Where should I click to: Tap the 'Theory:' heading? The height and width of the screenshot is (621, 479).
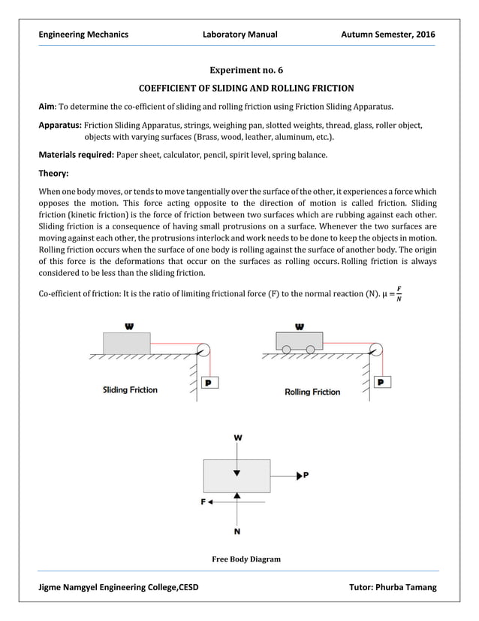click(54, 172)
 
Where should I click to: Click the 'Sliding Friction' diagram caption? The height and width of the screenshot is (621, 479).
click(130, 390)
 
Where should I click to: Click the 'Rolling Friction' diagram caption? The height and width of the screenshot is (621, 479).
click(312, 392)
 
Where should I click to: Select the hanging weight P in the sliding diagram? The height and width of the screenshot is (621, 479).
click(208, 382)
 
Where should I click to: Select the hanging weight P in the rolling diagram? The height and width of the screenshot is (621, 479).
click(383, 382)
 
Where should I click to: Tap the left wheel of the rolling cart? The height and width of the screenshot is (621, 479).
click(286, 348)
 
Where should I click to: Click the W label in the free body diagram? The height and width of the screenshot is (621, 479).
click(238, 437)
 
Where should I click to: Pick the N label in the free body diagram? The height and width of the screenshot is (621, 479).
click(238, 532)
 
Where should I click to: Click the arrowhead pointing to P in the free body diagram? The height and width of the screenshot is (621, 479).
click(299, 475)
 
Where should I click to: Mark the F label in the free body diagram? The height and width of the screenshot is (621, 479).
click(203, 500)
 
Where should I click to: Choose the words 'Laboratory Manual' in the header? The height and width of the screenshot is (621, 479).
click(240, 35)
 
